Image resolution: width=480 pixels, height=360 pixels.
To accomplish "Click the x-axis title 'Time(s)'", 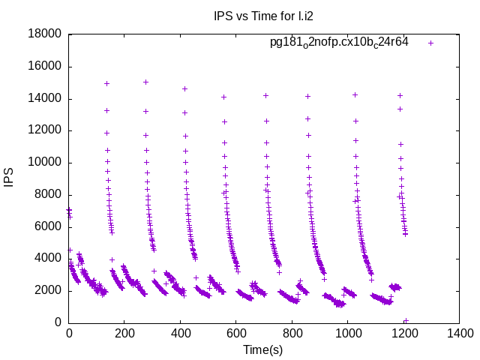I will (262, 349).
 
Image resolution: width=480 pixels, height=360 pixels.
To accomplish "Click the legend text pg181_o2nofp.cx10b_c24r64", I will (339, 43).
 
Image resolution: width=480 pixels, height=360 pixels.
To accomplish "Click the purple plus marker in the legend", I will (430, 43).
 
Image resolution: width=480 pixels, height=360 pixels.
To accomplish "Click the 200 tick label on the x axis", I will (124, 334).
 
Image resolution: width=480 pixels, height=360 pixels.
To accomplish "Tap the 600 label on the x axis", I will (235, 334).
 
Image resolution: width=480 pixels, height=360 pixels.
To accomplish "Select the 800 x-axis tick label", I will (291, 334).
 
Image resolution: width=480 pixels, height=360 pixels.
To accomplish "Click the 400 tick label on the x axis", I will (180, 334).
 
